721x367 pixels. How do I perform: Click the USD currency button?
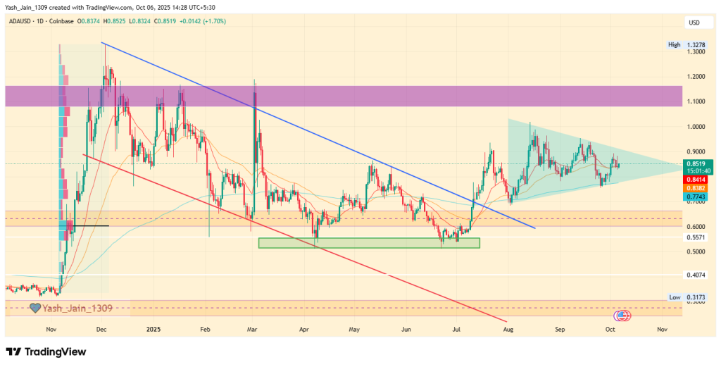tap(694, 23)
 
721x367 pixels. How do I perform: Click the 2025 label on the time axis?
tap(154, 329)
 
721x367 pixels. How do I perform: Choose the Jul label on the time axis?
tap(456, 329)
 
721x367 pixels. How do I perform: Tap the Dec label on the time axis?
tap(101, 329)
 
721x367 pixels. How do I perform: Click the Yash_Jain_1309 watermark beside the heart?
tap(77, 308)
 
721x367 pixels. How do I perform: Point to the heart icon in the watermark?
tap(35, 308)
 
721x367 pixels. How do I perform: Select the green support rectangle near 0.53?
tap(369, 243)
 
